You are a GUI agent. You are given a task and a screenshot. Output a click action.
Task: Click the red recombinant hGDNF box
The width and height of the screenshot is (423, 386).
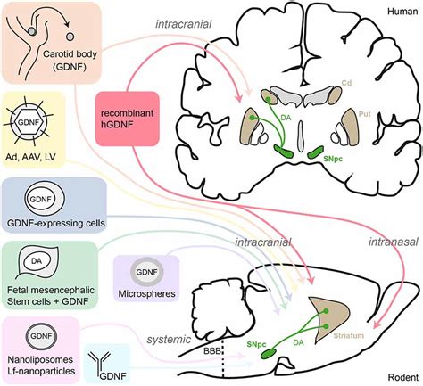pyautogui.click(x=128, y=119)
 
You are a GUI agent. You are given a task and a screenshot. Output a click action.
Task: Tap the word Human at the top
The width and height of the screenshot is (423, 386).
pyautogui.click(x=402, y=12)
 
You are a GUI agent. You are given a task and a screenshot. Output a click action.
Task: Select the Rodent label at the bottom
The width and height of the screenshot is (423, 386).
pyautogui.click(x=402, y=377)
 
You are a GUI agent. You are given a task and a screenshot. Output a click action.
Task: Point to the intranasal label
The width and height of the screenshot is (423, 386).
pyautogui.click(x=394, y=242)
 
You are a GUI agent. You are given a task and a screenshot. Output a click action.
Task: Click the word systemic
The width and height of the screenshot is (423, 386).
pyautogui.click(x=169, y=339)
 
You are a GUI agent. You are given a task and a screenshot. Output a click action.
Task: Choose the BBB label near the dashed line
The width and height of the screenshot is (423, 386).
pyautogui.click(x=212, y=351)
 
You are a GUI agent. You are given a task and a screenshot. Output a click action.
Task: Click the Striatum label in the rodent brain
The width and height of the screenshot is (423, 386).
pyautogui.click(x=348, y=336)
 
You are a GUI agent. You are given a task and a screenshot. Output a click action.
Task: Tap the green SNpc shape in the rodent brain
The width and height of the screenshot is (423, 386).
pyautogui.click(x=269, y=354)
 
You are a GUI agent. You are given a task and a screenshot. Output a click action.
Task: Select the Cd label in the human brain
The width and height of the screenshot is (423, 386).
pyautogui.click(x=346, y=82)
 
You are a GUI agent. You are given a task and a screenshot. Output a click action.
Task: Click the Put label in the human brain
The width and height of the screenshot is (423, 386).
pyautogui.click(x=365, y=114)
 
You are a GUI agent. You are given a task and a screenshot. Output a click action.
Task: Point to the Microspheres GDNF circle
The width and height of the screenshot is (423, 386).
pyautogui.click(x=147, y=272)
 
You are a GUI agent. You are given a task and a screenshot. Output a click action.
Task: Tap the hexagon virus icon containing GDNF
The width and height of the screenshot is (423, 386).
pyautogui.click(x=28, y=122)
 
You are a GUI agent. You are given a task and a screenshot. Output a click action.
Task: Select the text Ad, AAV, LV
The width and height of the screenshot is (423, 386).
pyautogui.click(x=30, y=157)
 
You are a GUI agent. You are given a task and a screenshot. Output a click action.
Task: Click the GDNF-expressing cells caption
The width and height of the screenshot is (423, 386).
pyautogui.click(x=56, y=223)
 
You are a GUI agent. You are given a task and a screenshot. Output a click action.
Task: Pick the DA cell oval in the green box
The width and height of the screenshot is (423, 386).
pyautogui.click(x=37, y=261)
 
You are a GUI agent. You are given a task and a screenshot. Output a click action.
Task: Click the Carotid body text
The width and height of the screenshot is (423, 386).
pyautogui.click(x=70, y=54)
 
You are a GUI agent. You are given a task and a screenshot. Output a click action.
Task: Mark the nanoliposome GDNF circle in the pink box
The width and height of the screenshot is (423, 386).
pyautogui.click(x=41, y=336)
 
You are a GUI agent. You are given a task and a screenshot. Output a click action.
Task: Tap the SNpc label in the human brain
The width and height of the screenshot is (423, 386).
pyautogui.click(x=333, y=159)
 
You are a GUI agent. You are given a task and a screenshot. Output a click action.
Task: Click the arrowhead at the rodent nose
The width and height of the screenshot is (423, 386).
pyautogui.click(x=377, y=324)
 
